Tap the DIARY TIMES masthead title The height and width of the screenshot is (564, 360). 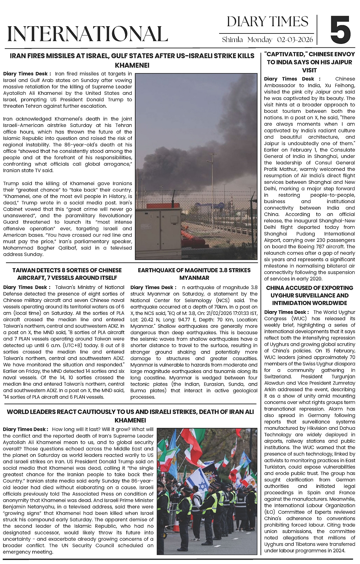pos(267,21)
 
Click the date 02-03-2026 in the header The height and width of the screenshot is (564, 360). pos(295,40)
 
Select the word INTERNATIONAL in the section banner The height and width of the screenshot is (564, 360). pos(87,33)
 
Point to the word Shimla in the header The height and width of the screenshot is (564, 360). pos(232,40)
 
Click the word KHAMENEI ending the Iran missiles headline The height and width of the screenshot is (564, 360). pos(132,65)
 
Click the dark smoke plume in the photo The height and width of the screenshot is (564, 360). pos(202,133)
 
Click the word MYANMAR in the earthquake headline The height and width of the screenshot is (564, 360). pos(194,278)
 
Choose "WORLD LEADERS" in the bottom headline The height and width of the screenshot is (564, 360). pos(30,412)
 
